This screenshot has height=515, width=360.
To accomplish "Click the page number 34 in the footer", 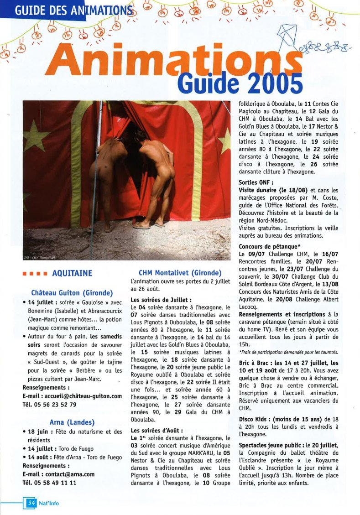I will (x=31, y=503).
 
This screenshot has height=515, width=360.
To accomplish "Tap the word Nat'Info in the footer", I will (x=48, y=504).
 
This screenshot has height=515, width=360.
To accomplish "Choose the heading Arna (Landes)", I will (x=72, y=422).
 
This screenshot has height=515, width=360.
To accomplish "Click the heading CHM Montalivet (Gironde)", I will (x=180, y=273).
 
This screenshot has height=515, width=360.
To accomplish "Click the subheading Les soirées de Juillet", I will (x=161, y=300).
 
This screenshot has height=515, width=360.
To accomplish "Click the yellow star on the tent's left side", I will (x=36, y=136).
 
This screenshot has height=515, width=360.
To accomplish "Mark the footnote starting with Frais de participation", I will (x=288, y=352).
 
